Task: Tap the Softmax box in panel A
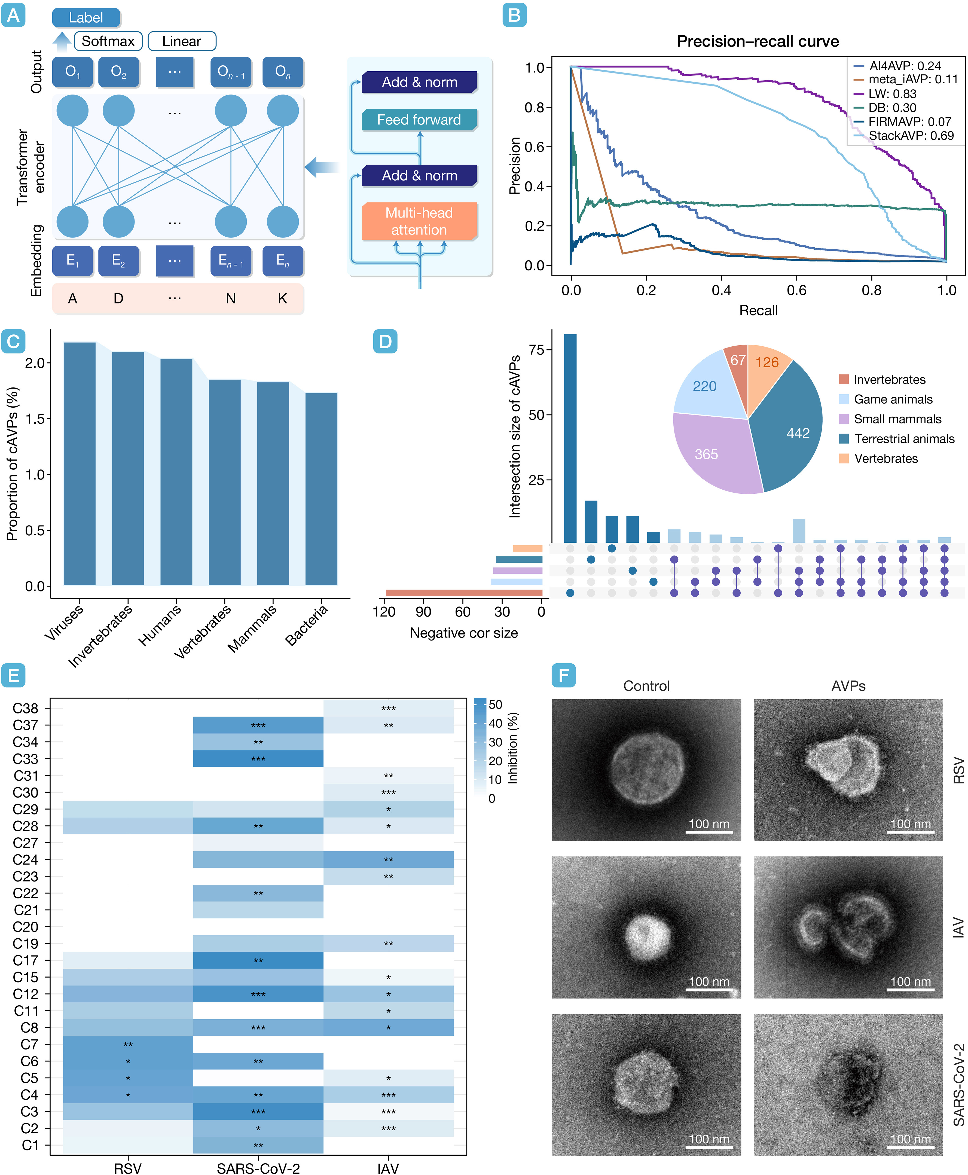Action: [x=108, y=41]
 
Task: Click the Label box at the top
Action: [x=86, y=18]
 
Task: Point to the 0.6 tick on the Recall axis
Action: [x=796, y=290]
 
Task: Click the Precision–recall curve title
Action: [x=758, y=41]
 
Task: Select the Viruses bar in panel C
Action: [x=80, y=463]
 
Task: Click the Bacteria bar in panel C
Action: [x=321, y=489]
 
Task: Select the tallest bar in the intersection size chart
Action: [x=570, y=438]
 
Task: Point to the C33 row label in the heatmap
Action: [x=26, y=758]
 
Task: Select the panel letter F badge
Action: [x=563, y=675]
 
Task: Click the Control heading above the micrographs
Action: [x=646, y=686]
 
